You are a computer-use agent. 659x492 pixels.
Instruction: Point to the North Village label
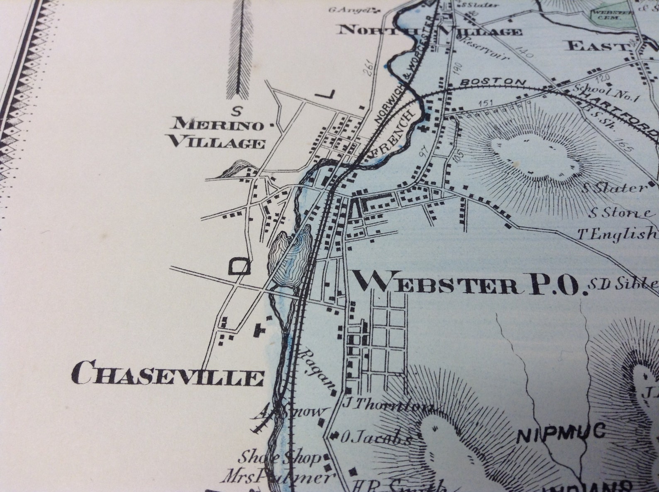[430, 30]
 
